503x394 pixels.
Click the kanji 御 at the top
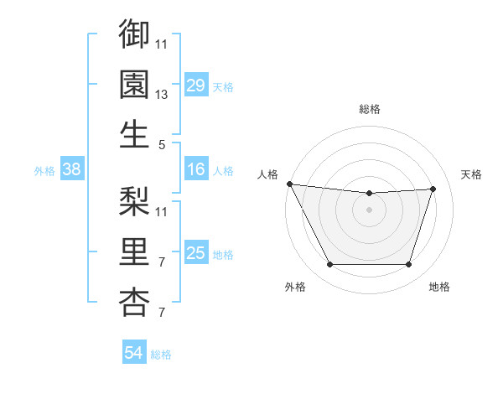(134, 34)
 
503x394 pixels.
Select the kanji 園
(134, 84)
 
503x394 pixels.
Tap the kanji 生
(134, 134)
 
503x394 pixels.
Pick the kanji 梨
(134, 201)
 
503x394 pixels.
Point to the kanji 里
(134, 251)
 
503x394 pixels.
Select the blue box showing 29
(195, 86)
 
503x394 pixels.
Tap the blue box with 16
(195, 170)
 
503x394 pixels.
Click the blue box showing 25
(195, 253)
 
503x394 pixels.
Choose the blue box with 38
(72, 170)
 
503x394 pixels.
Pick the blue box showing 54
(134, 353)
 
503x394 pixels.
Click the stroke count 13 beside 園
(163, 96)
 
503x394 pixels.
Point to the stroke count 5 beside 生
(162, 145)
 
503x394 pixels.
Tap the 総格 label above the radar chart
(370, 109)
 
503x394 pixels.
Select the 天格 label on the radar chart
(471, 174)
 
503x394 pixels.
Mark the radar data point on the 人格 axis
(289, 184)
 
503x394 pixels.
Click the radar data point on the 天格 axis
(433, 189)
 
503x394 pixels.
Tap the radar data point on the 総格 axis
(369, 194)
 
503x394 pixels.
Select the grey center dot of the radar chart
(369, 210)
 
